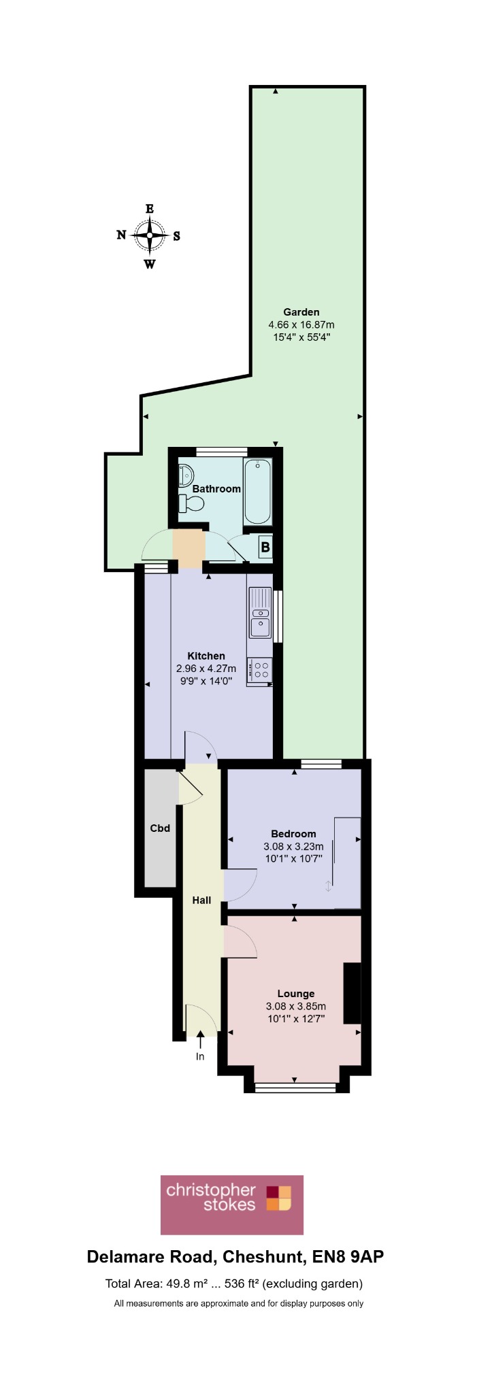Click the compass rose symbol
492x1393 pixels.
[x=149, y=236]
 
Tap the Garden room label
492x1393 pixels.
[x=301, y=312]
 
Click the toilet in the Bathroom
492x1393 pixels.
[x=191, y=503]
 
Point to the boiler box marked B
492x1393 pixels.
[x=265, y=547]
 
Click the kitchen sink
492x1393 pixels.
[x=260, y=612]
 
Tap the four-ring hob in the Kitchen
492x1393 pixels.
[x=261, y=670]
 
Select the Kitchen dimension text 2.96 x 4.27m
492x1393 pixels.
[x=206, y=669]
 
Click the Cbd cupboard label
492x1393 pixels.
[x=160, y=828]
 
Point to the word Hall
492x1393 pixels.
[x=201, y=900]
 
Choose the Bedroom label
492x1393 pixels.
[x=293, y=834]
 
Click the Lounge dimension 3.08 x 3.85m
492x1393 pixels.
[x=296, y=1007]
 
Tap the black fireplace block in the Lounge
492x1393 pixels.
[x=352, y=993]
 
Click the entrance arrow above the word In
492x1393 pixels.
[x=200, y=1039]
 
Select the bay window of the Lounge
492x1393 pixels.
[x=295, y=1088]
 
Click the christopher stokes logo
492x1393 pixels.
[x=232, y=1205]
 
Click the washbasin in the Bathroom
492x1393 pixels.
[x=186, y=474]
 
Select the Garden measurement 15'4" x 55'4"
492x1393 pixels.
[x=301, y=337]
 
